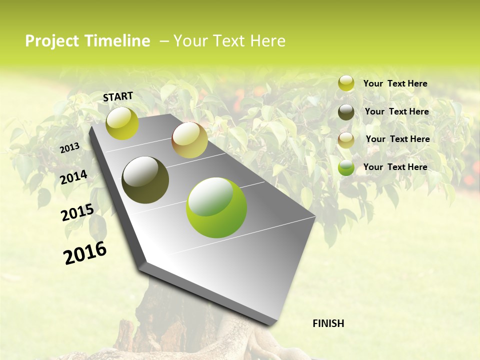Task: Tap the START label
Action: [x=118, y=96]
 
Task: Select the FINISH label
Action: [x=328, y=323]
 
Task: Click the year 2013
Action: [x=70, y=148]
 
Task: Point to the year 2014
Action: [x=74, y=177]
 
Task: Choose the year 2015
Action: [x=77, y=212]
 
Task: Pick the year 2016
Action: [x=85, y=252]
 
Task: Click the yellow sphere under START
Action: [x=122, y=123]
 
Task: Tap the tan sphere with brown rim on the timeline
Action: [x=189, y=140]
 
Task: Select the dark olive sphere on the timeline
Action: [x=145, y=180]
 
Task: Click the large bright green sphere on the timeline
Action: [x=216, y=207]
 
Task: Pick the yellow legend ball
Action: [x=346, y=83]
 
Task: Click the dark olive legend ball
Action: [x=346, y=111]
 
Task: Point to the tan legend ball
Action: [x=346, y=139]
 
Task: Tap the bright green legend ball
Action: [x=346, y=167]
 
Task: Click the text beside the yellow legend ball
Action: [x=395, y=83]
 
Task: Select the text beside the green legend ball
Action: [x=395, y=167]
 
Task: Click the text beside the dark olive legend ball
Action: [x=396, y=111]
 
